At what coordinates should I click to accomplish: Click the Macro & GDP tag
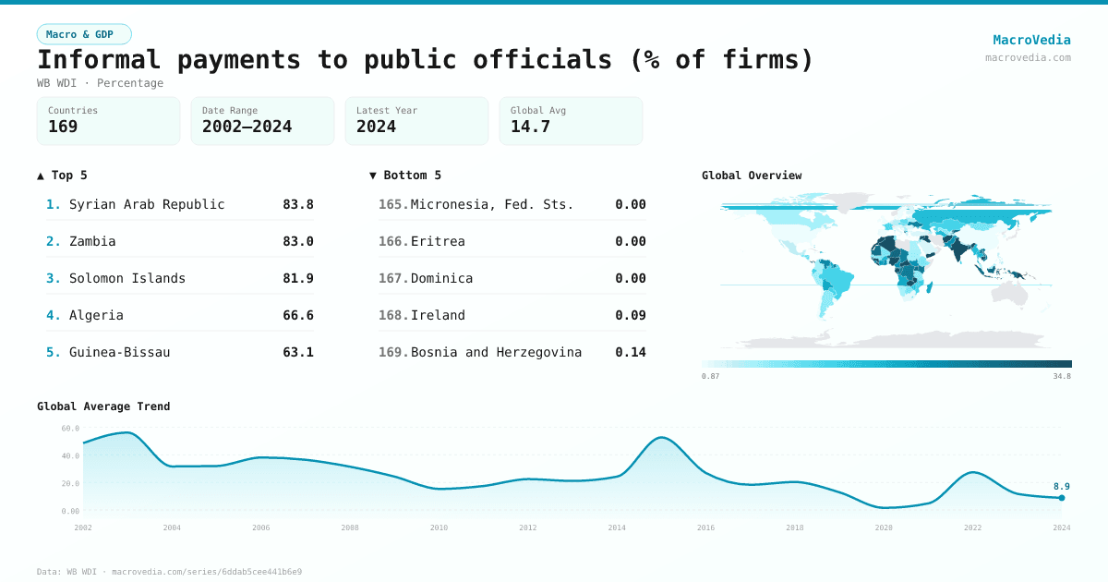coord(84,34)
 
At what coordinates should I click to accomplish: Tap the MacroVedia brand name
coord(1031,40)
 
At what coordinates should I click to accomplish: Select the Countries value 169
coord(63,127)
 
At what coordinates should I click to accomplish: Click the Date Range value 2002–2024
coord(247,127)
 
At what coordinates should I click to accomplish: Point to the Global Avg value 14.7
coord(530,127)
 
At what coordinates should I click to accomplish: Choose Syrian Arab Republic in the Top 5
coord(147,204)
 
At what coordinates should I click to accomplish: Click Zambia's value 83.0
coord(298,241)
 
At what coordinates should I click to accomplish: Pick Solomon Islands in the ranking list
coord(127,278)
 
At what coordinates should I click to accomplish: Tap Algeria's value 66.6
coord(298,315)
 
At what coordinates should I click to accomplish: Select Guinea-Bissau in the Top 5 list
coord(119,352)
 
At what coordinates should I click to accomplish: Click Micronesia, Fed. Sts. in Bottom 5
coord(492,204)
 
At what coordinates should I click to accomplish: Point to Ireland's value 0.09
coord(631,315)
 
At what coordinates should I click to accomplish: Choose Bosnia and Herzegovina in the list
coord(496,352)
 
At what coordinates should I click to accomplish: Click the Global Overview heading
coord(752,176)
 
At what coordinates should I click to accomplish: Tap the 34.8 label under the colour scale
coord(1061,376)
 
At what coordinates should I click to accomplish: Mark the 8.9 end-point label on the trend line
coord(1062,486)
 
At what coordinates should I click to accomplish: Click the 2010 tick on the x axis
coord(439,527)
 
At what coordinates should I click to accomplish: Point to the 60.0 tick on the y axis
coord(71,428)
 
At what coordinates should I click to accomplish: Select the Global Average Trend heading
coord(103,406)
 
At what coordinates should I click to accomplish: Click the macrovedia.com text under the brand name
coord(1028,57)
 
